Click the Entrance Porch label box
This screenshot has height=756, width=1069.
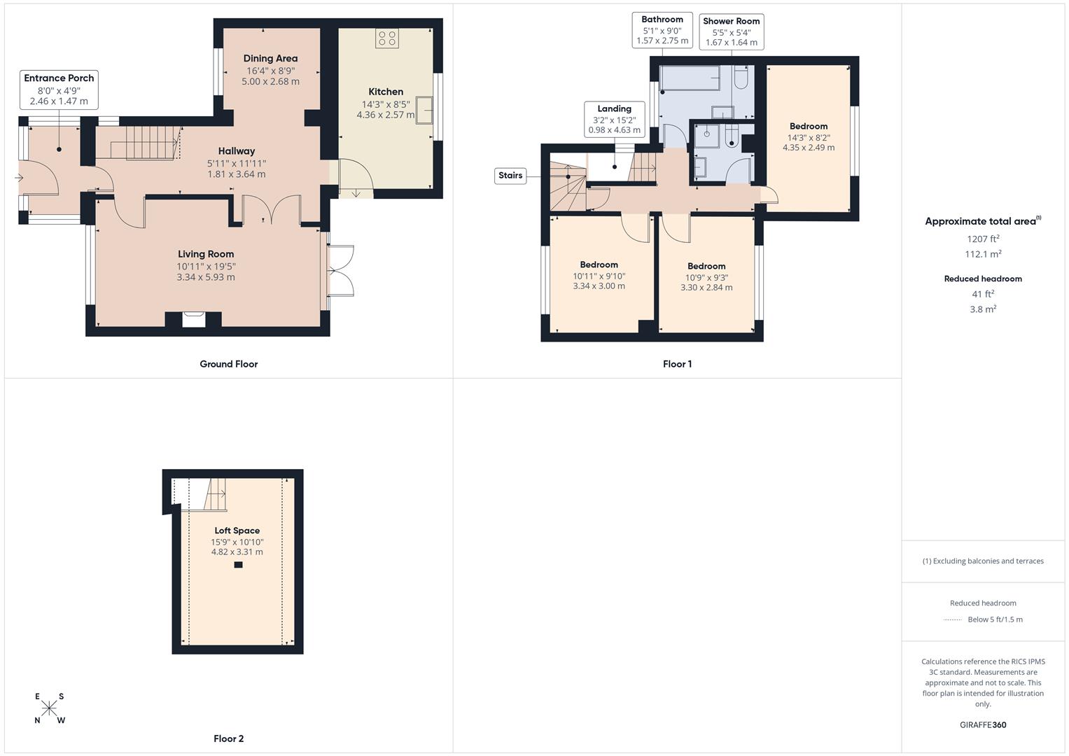59,90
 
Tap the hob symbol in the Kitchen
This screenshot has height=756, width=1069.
386,38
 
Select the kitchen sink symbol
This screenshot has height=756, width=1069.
424,110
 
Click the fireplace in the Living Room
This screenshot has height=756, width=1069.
194,319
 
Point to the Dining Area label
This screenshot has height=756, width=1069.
270,59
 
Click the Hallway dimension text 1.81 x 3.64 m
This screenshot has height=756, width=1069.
236,174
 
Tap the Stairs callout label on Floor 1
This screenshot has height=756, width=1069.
510,176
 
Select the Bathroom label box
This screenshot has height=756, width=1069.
662,30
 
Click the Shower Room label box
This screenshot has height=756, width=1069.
731,31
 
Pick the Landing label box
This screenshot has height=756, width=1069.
614,119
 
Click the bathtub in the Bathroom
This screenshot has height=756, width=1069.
690,78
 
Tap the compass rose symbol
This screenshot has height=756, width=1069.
49,708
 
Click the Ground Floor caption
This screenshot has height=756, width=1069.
229,364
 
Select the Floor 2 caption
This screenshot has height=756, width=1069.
229,738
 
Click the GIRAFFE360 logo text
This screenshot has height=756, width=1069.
983,724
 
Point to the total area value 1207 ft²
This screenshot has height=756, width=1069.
983,239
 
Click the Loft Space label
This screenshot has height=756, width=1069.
237,531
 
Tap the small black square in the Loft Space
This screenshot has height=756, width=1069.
238,565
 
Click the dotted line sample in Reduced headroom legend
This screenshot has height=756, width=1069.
953,619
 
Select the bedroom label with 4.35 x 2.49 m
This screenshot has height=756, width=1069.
809,127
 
